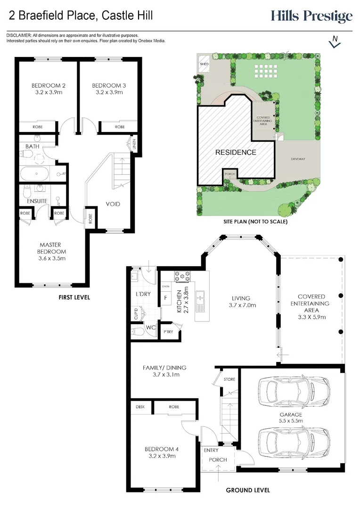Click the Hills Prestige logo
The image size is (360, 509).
pyautogui.click(x=311, y=16)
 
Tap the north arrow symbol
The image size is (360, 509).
pyautogui.click(x=335, y=41)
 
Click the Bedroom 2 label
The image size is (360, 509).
pyautogui.click(x=49, y=86)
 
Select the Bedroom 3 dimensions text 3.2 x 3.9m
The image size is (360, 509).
pyautogui.click(x=109, y=92)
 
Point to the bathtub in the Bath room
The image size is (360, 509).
pyautogui.click(x=34, y=173)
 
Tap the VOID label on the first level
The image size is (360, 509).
pyautogui.click(x=113, y=204)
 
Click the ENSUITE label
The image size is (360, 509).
pyautogui.click(x=37, y=201)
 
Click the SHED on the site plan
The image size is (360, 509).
pyautogui.click(x=204, y=64)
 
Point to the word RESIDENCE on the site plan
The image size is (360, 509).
pyautogui.click(x=236, y=152)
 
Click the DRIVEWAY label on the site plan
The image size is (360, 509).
pyautogui.click(x=298, y=159)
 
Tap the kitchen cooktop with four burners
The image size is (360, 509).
pyautogui.click(x=182, y=276)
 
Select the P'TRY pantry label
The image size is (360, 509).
pyautogui.click(x=168, y=332)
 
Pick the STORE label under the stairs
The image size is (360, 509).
pyautogui.click(x=229, y=379)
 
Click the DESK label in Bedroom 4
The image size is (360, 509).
pyautogui.click(x=140, y=407)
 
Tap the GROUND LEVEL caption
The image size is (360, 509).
pyautogui.click(x=248, y=490)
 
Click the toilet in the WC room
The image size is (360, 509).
pyautogui.click(x=138, y=332)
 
